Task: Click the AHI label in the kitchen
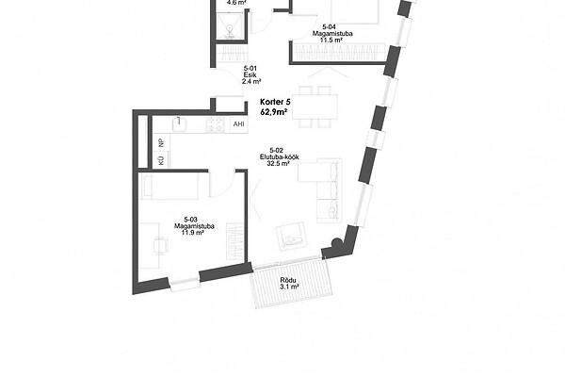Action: coord(238,124)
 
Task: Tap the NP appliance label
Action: coord(161,142)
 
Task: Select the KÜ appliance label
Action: coord(161,160)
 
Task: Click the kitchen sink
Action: coord(179,124)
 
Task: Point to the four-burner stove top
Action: coord(215,124)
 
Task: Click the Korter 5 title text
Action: coord(275,102)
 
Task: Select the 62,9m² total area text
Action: coord(274,112)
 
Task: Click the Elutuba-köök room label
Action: coord(280,157)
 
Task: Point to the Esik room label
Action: coord(250,74)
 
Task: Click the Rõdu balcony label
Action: coord(288,280)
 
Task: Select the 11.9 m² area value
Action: coord(193,233)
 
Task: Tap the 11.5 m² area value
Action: coord(331,40)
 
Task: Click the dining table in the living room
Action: coord(315,107)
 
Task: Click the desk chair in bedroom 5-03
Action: coord(161,246)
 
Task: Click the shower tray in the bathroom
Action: coord(229,26)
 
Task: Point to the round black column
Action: coord(336,243)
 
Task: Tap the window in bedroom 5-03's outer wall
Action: coord(185,284)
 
